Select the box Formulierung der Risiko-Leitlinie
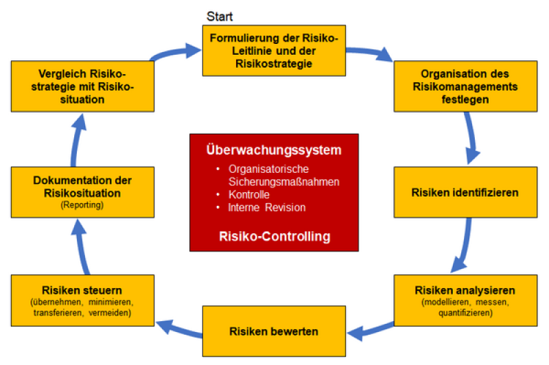(274, 50)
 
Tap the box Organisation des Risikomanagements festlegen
(465, 86)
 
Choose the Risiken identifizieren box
(465, 192)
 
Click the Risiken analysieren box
(465, 300)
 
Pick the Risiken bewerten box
(274, 331)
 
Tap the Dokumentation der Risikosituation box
(77, 192)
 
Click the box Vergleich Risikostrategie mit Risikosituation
(77, 86)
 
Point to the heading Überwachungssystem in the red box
(274, 150)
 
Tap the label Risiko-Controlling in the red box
(274, 237)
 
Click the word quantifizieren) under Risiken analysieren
(465, 314)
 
